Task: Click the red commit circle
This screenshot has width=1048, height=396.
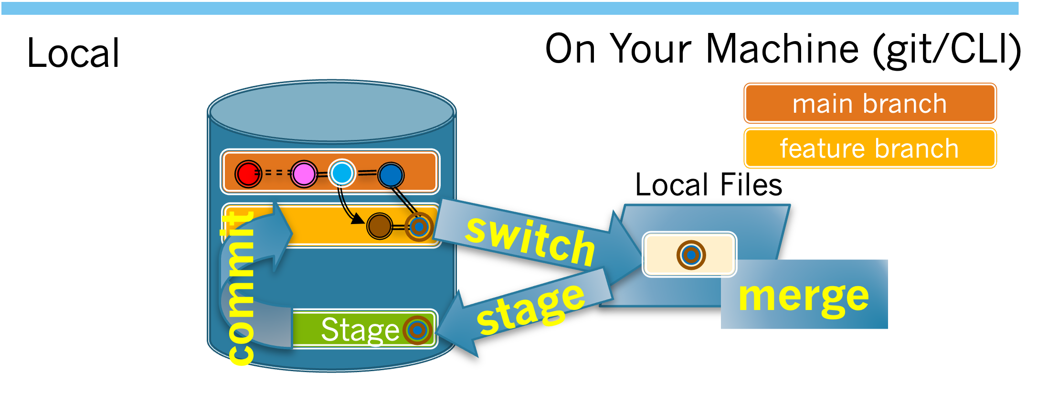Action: click(x=248, y=174)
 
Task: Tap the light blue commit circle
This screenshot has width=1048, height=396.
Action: click(x=341, y=173)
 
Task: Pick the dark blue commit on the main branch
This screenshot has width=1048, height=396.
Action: click(x=391, y=175)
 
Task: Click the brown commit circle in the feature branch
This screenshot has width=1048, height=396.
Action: click(x=380, y=226)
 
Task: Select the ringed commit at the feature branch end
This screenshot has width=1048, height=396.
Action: click(x=419, y=227)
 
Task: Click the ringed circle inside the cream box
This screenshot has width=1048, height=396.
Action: click(x=691, y=255)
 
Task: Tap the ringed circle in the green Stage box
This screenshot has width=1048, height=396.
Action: click(x=417, y=330)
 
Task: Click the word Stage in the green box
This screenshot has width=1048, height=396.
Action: click(x=360, y=330)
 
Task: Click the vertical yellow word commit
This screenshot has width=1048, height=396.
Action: click(x=240, y=287)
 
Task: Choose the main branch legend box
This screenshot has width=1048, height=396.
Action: click(x=869, y=103)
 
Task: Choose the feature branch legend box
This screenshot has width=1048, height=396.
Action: click(x=869, y=148)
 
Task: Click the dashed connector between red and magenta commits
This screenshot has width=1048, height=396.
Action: click(x=276, y=173)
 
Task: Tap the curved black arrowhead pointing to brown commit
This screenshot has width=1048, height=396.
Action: click(x=357, y=219)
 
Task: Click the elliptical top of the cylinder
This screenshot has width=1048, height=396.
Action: click(x=331, y=112)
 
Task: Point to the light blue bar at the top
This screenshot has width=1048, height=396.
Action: click(x=509, y=8)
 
